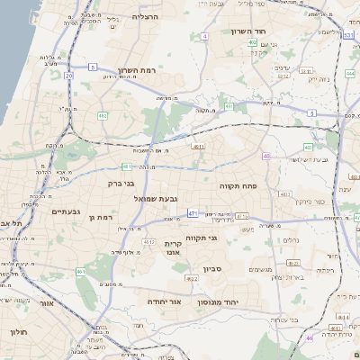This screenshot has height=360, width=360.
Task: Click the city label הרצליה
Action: click(145, 16)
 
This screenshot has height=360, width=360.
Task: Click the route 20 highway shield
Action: click(69, 76)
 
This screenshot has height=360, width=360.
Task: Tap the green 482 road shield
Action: click(103, 115)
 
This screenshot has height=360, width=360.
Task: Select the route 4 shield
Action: click(204, 36)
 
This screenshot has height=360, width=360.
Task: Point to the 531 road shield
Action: click(347, 34)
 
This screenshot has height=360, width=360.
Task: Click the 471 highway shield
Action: click(192, 212)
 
